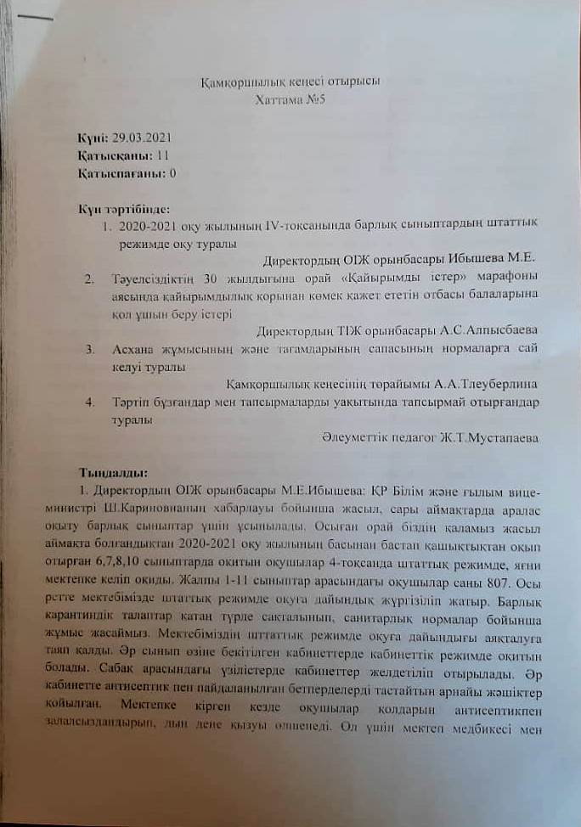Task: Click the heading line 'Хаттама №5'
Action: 290,98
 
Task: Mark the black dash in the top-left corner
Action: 33,18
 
